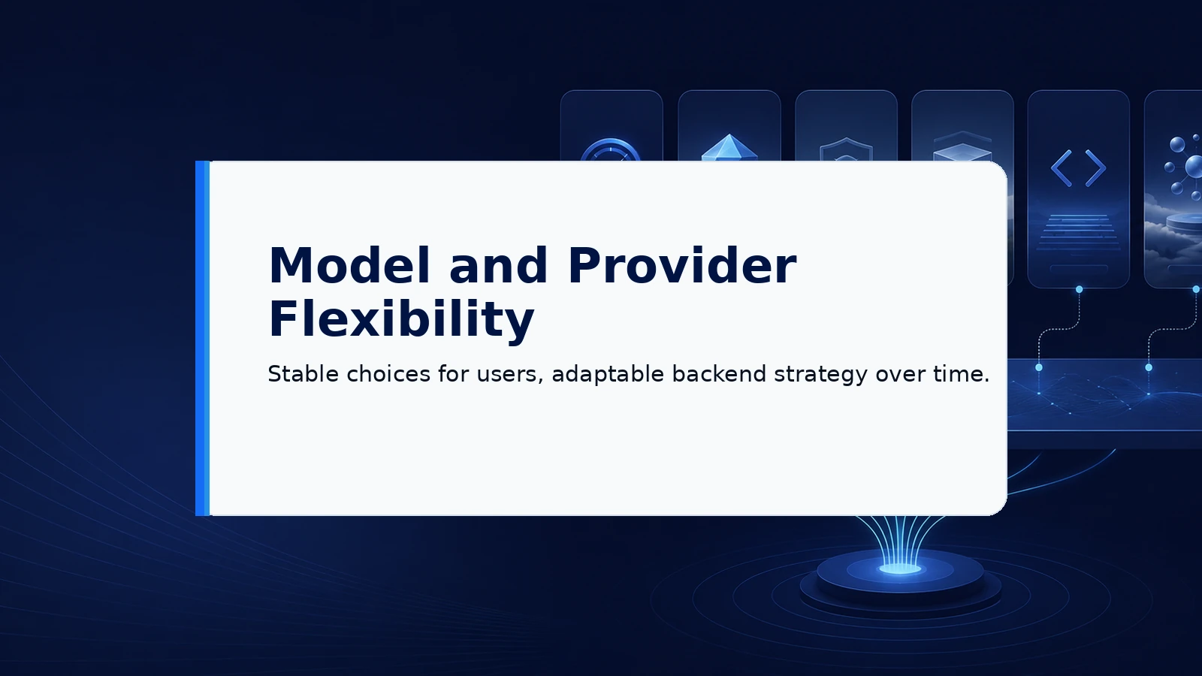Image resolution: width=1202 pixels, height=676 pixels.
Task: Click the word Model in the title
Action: click(x=349, y=266)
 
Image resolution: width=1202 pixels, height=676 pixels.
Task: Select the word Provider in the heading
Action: click(x=682, y=266)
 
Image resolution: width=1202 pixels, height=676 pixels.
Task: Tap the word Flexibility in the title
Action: click(x=401, y=320)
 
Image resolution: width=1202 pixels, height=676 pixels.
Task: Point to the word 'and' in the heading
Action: click(x=499, y=266)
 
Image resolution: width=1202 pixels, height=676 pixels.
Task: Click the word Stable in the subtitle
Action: click(x=304, y=374)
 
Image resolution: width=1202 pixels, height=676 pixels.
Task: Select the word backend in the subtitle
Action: click(x=719, y=374)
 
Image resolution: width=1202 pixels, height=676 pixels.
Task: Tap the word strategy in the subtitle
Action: click(x=820, y=375)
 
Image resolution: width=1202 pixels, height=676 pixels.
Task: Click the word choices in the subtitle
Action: click(x=388, y=374)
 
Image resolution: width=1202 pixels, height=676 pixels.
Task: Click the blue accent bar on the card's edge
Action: click(x=202, y=338)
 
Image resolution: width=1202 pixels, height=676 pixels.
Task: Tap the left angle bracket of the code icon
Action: click(x=1062, y=168)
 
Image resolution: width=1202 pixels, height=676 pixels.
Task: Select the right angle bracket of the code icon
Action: click(x=1095, y=168)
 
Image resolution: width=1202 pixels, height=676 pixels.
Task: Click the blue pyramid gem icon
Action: click(x=729, y=147)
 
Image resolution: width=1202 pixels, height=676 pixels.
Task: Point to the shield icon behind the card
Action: click(x=846, y=149)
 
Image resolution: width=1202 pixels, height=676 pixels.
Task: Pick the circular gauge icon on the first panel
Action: click(x=611, y=150)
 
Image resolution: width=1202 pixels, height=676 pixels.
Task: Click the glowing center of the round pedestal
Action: click(x=901, y=569)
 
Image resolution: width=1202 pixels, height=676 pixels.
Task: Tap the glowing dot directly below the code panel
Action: click(x=1079, y=290)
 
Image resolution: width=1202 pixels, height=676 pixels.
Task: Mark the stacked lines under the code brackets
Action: click(x=1078, y=232)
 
